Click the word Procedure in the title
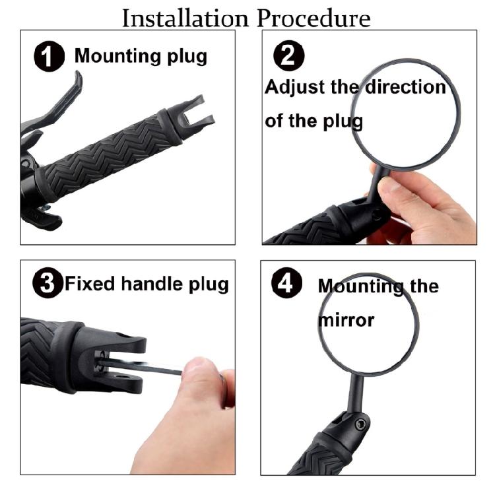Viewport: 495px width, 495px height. [x=313, y=18]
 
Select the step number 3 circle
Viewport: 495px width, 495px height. [x=46, y=284]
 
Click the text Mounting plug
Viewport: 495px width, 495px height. [x=141, y=56]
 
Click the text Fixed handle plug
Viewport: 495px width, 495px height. [x=147, y=284]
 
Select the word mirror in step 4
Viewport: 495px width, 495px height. [x=346, y=321]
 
